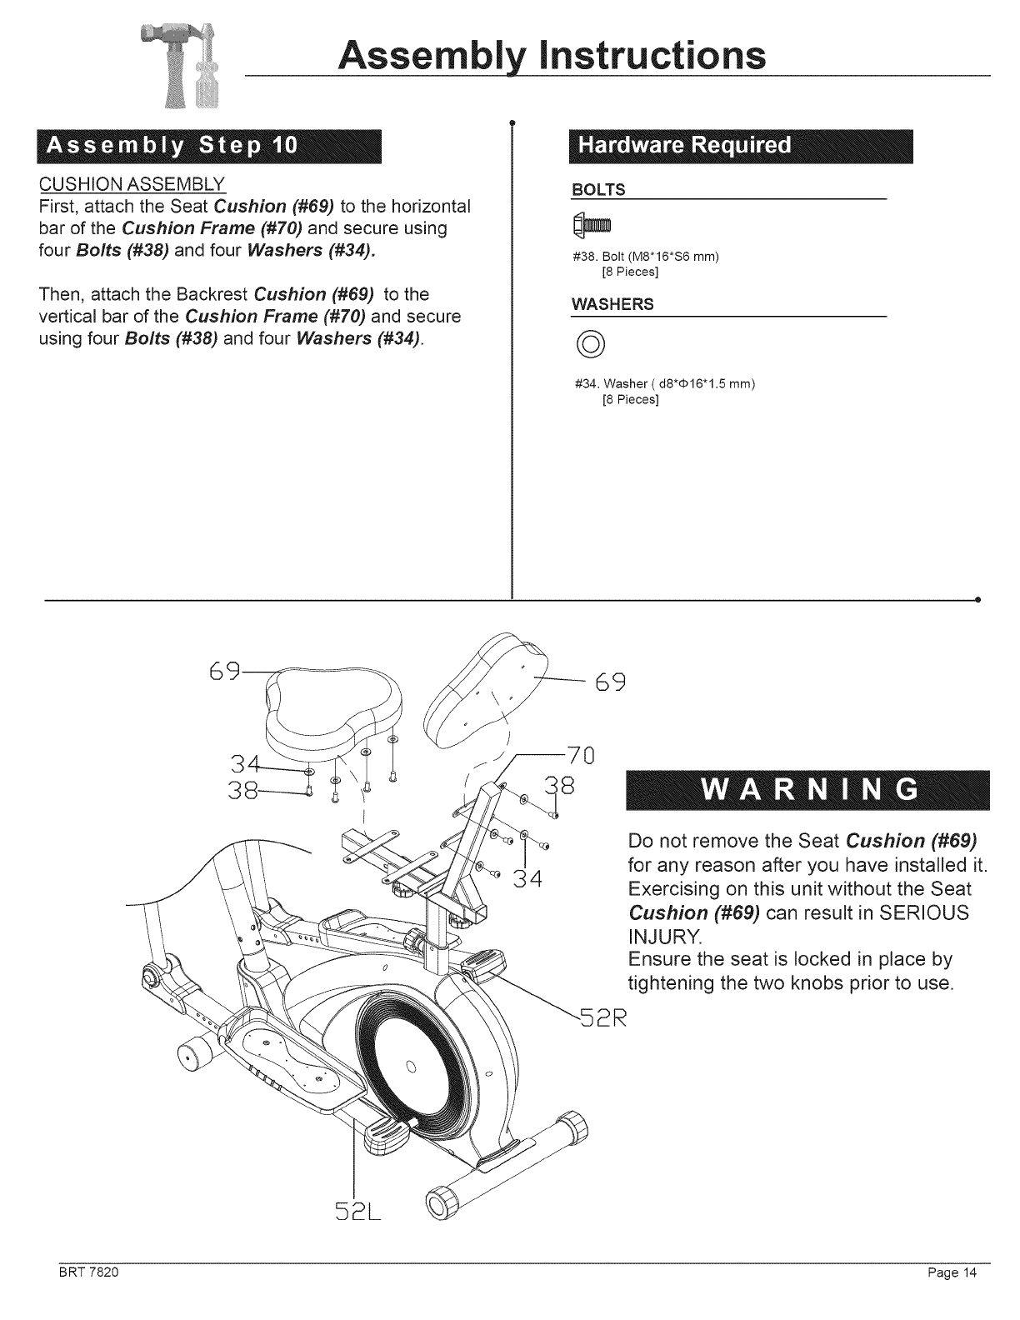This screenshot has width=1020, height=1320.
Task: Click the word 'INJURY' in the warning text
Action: point(665,935)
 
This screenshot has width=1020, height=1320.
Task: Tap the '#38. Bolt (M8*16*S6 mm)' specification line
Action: point(647,257)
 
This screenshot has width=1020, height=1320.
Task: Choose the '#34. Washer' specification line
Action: point(665,384)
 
